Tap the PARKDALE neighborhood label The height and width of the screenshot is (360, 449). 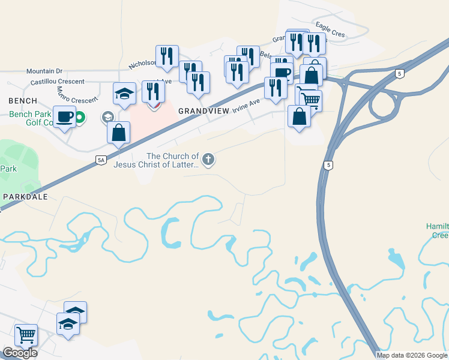(25, 196)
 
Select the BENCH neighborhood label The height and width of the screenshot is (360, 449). (22, 101)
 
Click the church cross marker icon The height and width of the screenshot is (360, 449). (208, 159)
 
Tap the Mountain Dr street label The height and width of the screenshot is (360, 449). (44, 71)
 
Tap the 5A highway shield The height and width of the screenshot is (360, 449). (101, 160)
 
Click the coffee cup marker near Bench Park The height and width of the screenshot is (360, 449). (65, 116)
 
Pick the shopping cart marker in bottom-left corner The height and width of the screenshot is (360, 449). (26, 334)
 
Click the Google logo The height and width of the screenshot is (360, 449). (20, 353)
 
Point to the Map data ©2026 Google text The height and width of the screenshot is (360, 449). (411, 355)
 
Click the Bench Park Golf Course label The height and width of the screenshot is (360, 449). (30, 118)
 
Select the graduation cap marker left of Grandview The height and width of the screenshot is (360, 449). (124, 94)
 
